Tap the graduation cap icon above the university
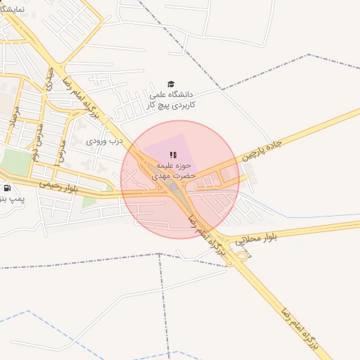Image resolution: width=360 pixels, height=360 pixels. (x=170, y=84)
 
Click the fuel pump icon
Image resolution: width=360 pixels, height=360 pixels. (x=7, y=188)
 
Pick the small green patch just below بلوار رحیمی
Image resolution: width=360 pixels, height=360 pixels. (x=88, y=203)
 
